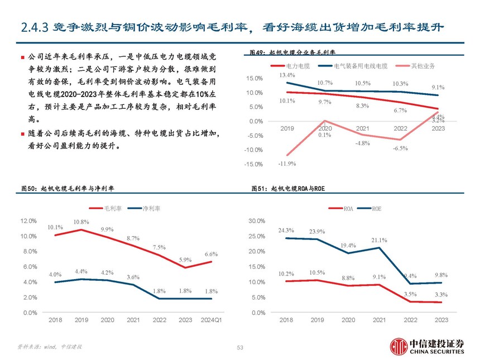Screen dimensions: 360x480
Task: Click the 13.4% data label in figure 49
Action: click(287, 75)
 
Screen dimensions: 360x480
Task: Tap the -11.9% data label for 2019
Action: click(287, 164)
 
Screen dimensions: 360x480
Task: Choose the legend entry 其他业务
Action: click(423, 66)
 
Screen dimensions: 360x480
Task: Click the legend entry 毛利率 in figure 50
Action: click(109, 208)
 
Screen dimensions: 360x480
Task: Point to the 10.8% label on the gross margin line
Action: click(81, 222)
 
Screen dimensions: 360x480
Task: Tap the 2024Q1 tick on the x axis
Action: click(212, 320)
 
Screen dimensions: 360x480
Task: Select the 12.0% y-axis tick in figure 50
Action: click(28, 221)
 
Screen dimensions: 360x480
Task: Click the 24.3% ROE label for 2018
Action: click(286, 230)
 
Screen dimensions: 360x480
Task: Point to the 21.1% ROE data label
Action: click(379, 240)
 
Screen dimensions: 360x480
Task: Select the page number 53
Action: click(240, 348)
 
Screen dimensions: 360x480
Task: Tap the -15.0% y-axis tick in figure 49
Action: click(254, 164)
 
